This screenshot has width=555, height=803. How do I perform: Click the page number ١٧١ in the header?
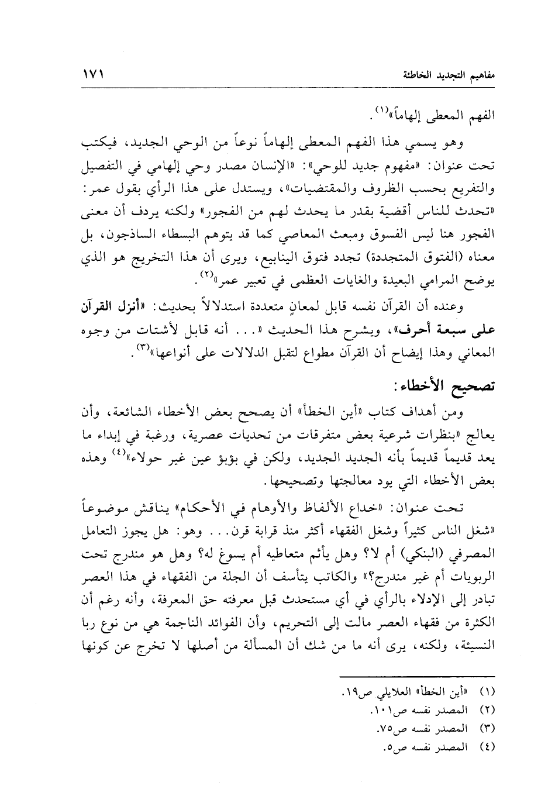point(94,75)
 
